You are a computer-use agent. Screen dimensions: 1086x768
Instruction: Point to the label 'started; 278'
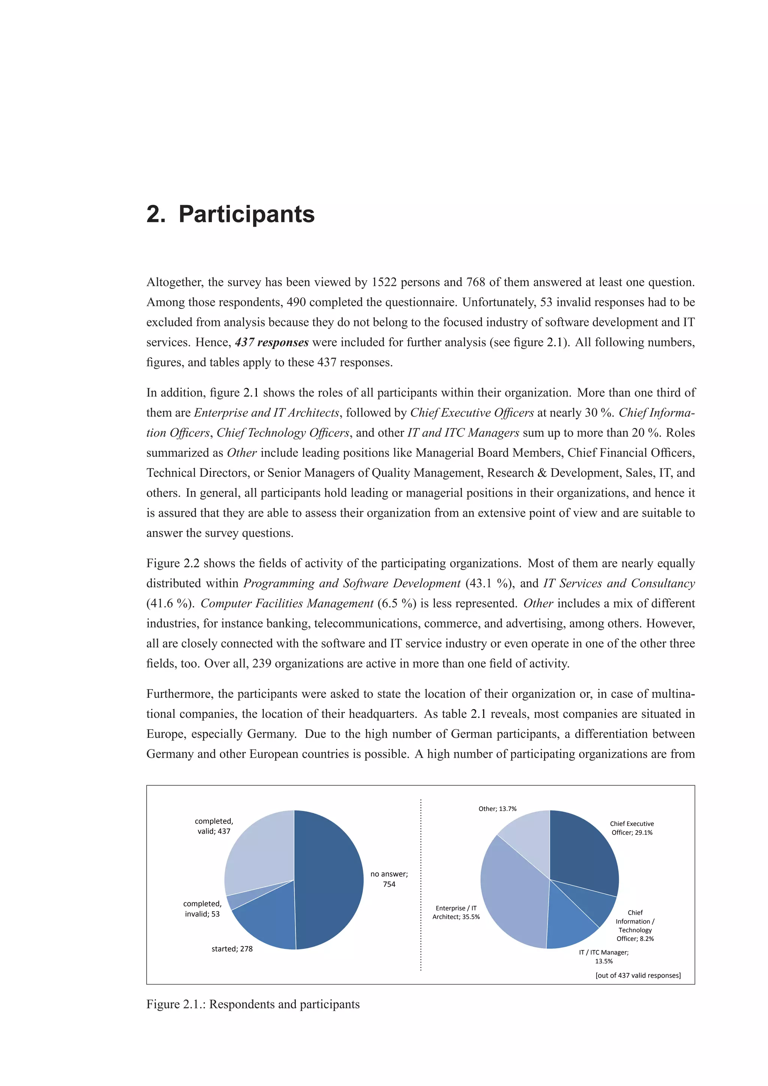pos(232,948)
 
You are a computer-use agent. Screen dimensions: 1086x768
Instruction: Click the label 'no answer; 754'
pos(389,879)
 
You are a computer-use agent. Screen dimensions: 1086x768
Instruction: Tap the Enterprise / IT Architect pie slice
pos(511,894)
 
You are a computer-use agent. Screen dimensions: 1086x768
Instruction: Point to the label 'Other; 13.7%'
pos(497,809)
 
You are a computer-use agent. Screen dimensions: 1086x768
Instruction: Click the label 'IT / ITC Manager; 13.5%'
pos(604,956)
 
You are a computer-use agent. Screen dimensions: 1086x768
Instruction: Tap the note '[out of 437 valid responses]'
pos(638,975)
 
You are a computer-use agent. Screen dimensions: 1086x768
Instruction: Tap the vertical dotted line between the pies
pos(421,884)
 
